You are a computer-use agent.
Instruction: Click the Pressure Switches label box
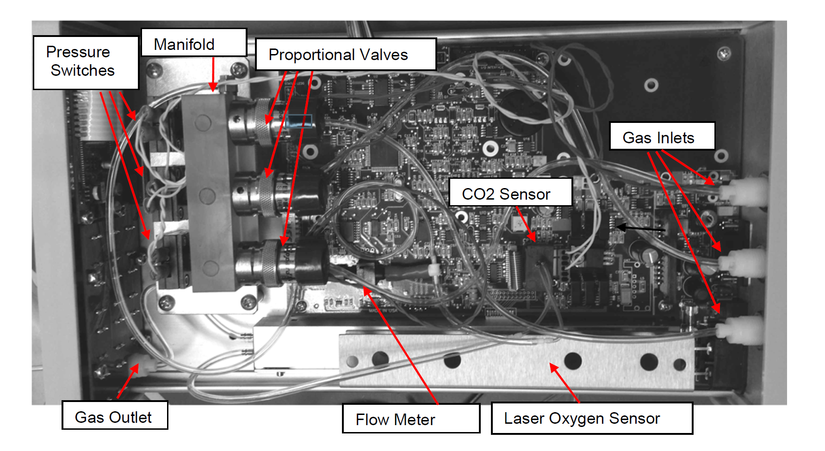(86, 62)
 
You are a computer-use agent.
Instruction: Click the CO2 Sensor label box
(511, 192)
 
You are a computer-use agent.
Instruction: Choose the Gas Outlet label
(115, 415)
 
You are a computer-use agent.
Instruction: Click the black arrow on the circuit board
(640, 228)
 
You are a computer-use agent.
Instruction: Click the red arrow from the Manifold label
(213, 74)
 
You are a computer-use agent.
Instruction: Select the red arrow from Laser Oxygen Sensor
(564, 383)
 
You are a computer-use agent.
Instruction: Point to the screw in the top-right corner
(724, 54)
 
